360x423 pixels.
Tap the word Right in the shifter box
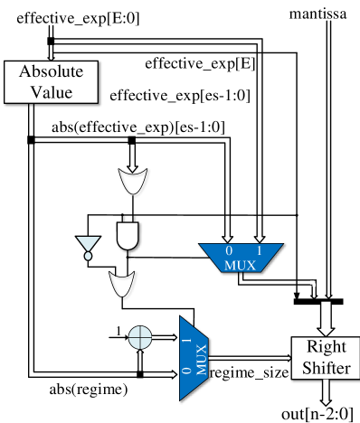pos(326,346)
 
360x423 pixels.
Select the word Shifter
pos(326,367)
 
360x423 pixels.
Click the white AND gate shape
pos(128,235)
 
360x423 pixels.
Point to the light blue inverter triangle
pos(88,243)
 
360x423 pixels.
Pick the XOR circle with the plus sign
pos(139,338)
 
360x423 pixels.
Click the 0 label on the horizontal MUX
pos(228,250)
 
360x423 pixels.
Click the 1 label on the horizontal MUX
pos(260,250)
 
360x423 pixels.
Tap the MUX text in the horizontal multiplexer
pos(241,264)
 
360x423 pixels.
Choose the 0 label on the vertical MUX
pos(186,371)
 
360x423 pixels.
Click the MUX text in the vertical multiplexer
pos(201,358)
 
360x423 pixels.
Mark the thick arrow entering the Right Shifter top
pos(327,319)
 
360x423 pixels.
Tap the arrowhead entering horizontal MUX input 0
pos(228,235)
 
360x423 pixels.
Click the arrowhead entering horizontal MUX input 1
pos(260,235)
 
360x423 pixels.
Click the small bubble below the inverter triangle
pos(88,256)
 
